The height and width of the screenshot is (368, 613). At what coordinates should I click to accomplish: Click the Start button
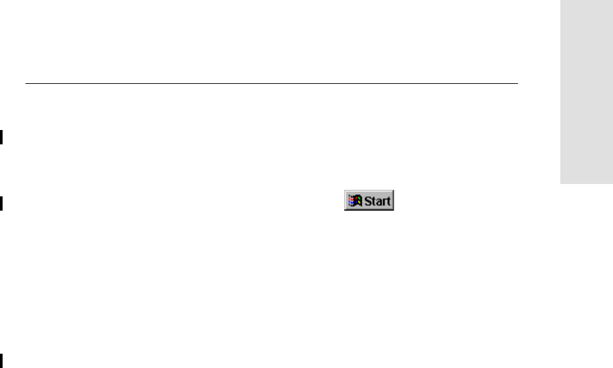coord(369,201)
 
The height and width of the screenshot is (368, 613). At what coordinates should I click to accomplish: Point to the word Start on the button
coord(377,201)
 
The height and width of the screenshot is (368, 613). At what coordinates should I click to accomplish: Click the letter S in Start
coord(366,201)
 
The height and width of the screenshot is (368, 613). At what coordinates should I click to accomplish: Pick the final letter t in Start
coord(388,201)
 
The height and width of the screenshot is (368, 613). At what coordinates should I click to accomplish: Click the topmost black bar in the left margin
coord(1,137)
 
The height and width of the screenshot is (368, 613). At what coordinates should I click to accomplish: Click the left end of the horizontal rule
coord(27,83)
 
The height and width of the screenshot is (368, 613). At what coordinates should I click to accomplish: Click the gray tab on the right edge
coord(585,91)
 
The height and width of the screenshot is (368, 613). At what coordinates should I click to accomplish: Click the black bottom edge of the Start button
coord(369,209)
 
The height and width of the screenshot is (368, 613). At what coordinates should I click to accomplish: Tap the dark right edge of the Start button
coord(394,201)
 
